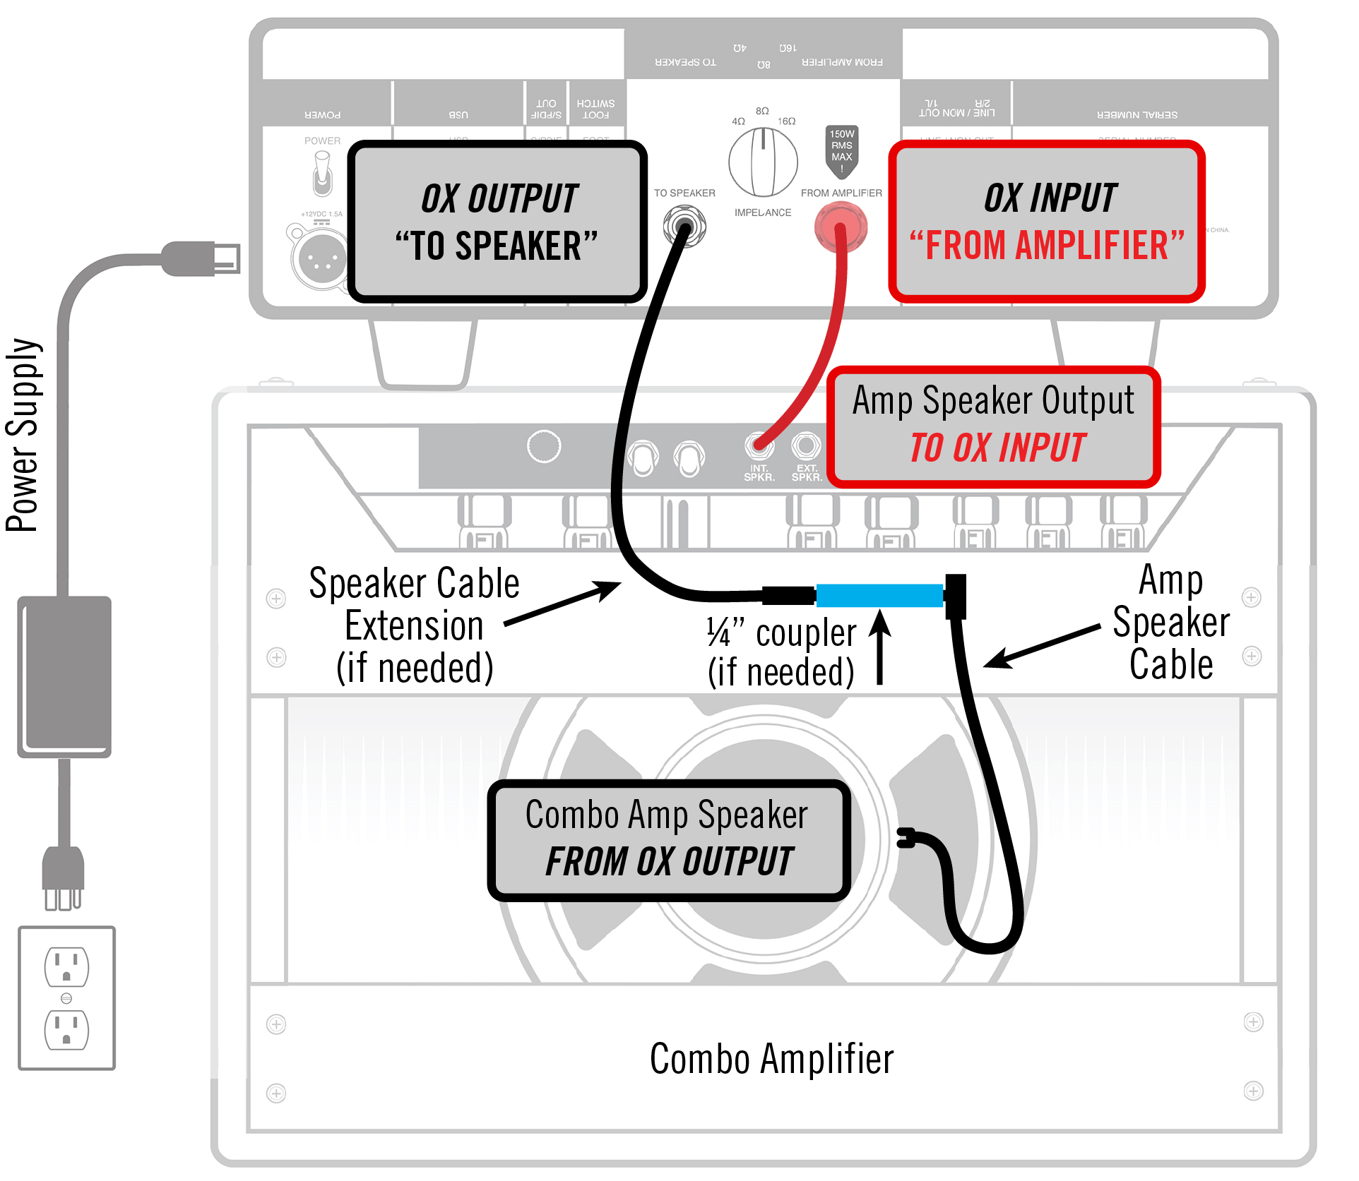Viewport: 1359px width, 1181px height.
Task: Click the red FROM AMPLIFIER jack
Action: (840, 227)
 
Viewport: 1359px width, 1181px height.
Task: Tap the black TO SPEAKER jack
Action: (684, 226)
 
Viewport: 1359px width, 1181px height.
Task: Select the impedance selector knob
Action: (763, 162)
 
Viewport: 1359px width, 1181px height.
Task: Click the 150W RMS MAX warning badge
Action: (841, 150)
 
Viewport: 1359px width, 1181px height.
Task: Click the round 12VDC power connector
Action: (319, 257)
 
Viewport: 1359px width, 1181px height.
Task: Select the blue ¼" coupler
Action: (879, 595)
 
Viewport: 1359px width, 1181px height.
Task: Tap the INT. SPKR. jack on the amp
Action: (759, 446)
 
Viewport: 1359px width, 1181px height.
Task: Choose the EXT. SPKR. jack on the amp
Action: (806, 445)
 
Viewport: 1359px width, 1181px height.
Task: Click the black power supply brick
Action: (64, 676)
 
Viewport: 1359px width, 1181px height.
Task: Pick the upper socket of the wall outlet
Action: (66, 966)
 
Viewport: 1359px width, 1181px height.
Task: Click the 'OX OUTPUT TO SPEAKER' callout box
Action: (497, 222)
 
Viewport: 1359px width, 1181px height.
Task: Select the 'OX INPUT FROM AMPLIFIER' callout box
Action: (1047, 222)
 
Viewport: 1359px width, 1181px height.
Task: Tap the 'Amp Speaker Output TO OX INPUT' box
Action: (993, 426)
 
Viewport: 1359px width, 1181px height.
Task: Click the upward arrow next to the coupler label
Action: (880, 647)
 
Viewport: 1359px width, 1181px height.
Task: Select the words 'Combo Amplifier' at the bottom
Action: (771, 1059)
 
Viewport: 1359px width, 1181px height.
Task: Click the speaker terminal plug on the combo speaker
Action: (906, 838)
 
